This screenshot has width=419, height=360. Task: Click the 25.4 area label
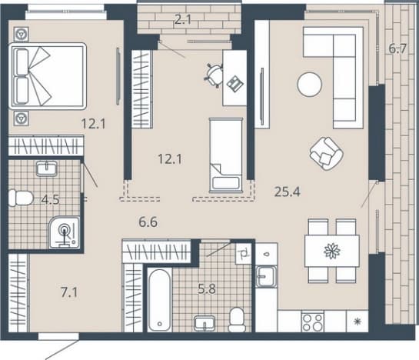click(288, 192)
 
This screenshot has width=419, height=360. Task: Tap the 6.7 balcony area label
click(397, 48)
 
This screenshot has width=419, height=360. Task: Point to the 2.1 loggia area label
click(183, 19)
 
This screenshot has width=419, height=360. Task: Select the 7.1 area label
click(69, 292)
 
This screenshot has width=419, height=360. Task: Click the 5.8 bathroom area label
click(207, 289)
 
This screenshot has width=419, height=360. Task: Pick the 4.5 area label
click(51, 199)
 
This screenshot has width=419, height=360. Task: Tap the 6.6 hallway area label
click(148, 222)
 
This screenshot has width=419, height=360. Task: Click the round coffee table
click(309, 85)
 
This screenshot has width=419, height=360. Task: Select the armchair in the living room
click(326, 154)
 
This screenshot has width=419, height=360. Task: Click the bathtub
click(160, 300)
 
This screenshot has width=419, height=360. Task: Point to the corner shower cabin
click(64, 232)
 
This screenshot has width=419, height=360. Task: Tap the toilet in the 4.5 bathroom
click(21, 198)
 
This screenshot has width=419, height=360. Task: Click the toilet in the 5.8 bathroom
click(237, 319)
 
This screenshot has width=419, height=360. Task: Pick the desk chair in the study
click(214, 75)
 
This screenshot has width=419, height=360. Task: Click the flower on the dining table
click(332, 251)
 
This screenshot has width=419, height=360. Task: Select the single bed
click(226, 155)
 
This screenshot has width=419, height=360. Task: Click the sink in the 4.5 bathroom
click(46, 168)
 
